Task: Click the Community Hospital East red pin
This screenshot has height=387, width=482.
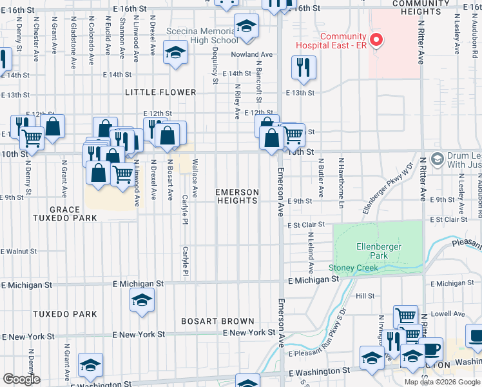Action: [x=376, y=41]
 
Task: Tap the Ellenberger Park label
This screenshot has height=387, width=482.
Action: [x=379, y=251]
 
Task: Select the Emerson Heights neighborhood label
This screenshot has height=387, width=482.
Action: [x=236, y=197]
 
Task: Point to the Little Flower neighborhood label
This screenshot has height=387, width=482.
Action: [x=160, y=92]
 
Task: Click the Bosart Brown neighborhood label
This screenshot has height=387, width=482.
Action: [x=218, y=321]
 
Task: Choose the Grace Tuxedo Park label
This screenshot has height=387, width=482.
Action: [x=64, y=213]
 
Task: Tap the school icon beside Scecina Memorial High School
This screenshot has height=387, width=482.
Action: [x=245, y=26]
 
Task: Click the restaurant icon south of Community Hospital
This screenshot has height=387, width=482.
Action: [x=302, y=67]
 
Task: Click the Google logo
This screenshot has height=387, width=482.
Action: [x=21, y=379]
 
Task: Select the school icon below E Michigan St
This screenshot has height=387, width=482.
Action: [x=142, y=301]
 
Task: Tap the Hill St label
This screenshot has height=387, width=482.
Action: [x=365, y=295]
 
